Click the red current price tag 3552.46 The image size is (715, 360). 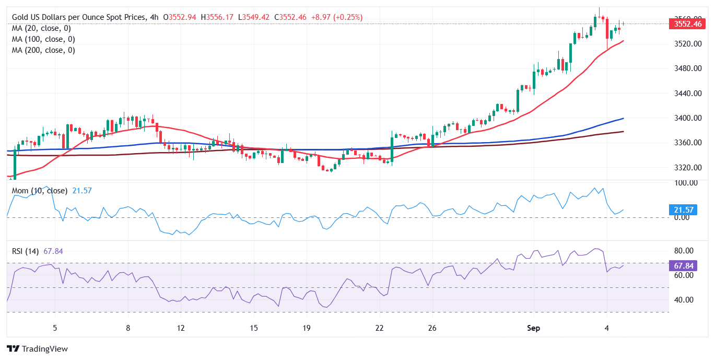[688, 24]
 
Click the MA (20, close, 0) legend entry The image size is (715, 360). [41, 28]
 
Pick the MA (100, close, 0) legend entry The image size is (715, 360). [43, 39]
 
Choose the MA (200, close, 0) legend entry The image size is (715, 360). [43, 50]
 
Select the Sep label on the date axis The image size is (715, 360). [533, 328]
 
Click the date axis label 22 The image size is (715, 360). [380, 328]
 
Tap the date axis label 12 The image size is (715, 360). [180, 328]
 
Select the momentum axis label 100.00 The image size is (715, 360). [685, 183]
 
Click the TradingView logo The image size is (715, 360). [37, 349]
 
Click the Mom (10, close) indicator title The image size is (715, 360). [40, 191]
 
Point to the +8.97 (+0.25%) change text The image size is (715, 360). [336, 17]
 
